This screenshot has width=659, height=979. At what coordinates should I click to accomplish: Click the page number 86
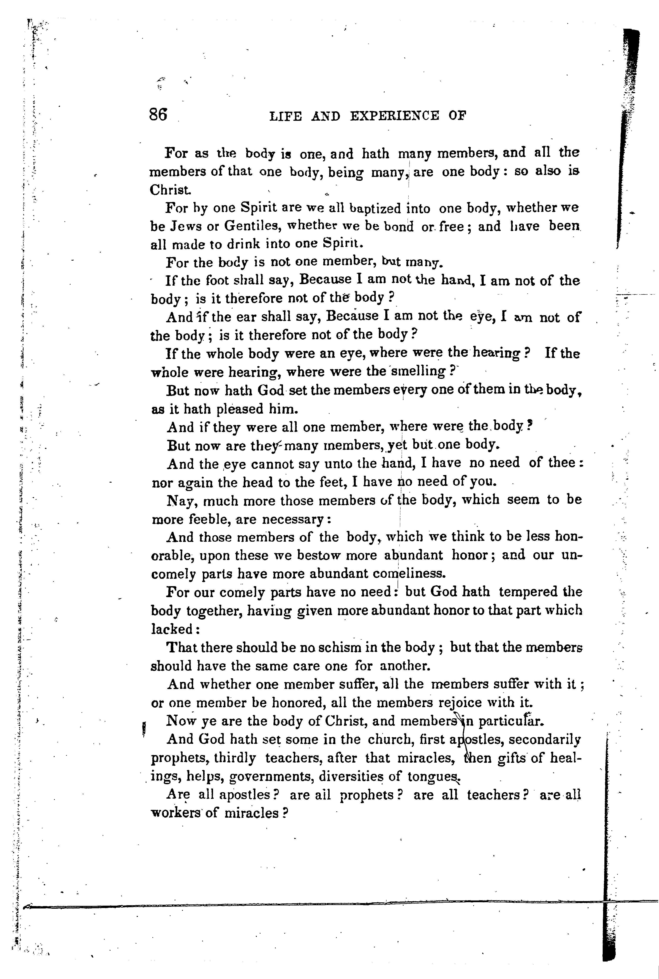point(158,114)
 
